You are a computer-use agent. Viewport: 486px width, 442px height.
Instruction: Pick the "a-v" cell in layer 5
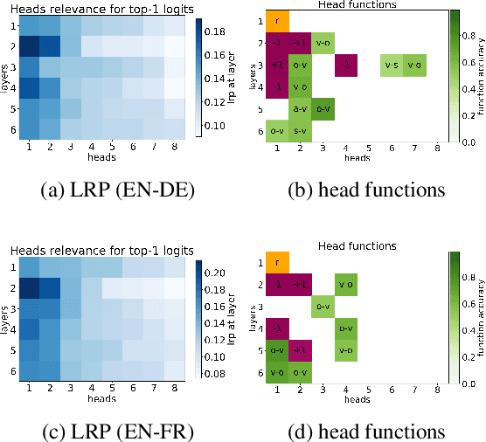300,108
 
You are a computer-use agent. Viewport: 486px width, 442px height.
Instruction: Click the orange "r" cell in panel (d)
277,261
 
